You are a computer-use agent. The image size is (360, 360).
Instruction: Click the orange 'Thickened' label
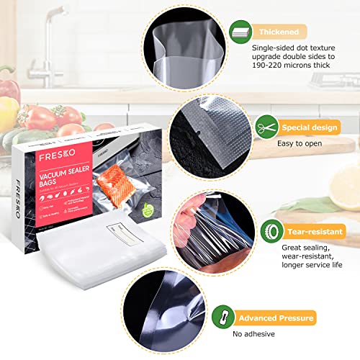[279, 32]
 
